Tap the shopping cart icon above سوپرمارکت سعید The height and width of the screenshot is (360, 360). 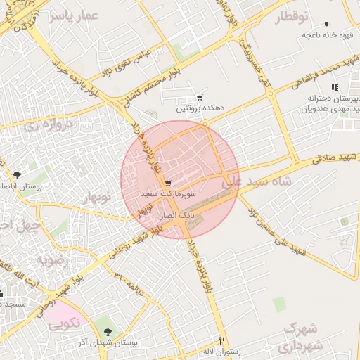point(167,183)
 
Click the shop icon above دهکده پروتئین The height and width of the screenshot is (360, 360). point(200,98)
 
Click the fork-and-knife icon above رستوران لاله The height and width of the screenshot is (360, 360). point(221,339)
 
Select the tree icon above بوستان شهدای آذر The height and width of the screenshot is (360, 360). point(107,331)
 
